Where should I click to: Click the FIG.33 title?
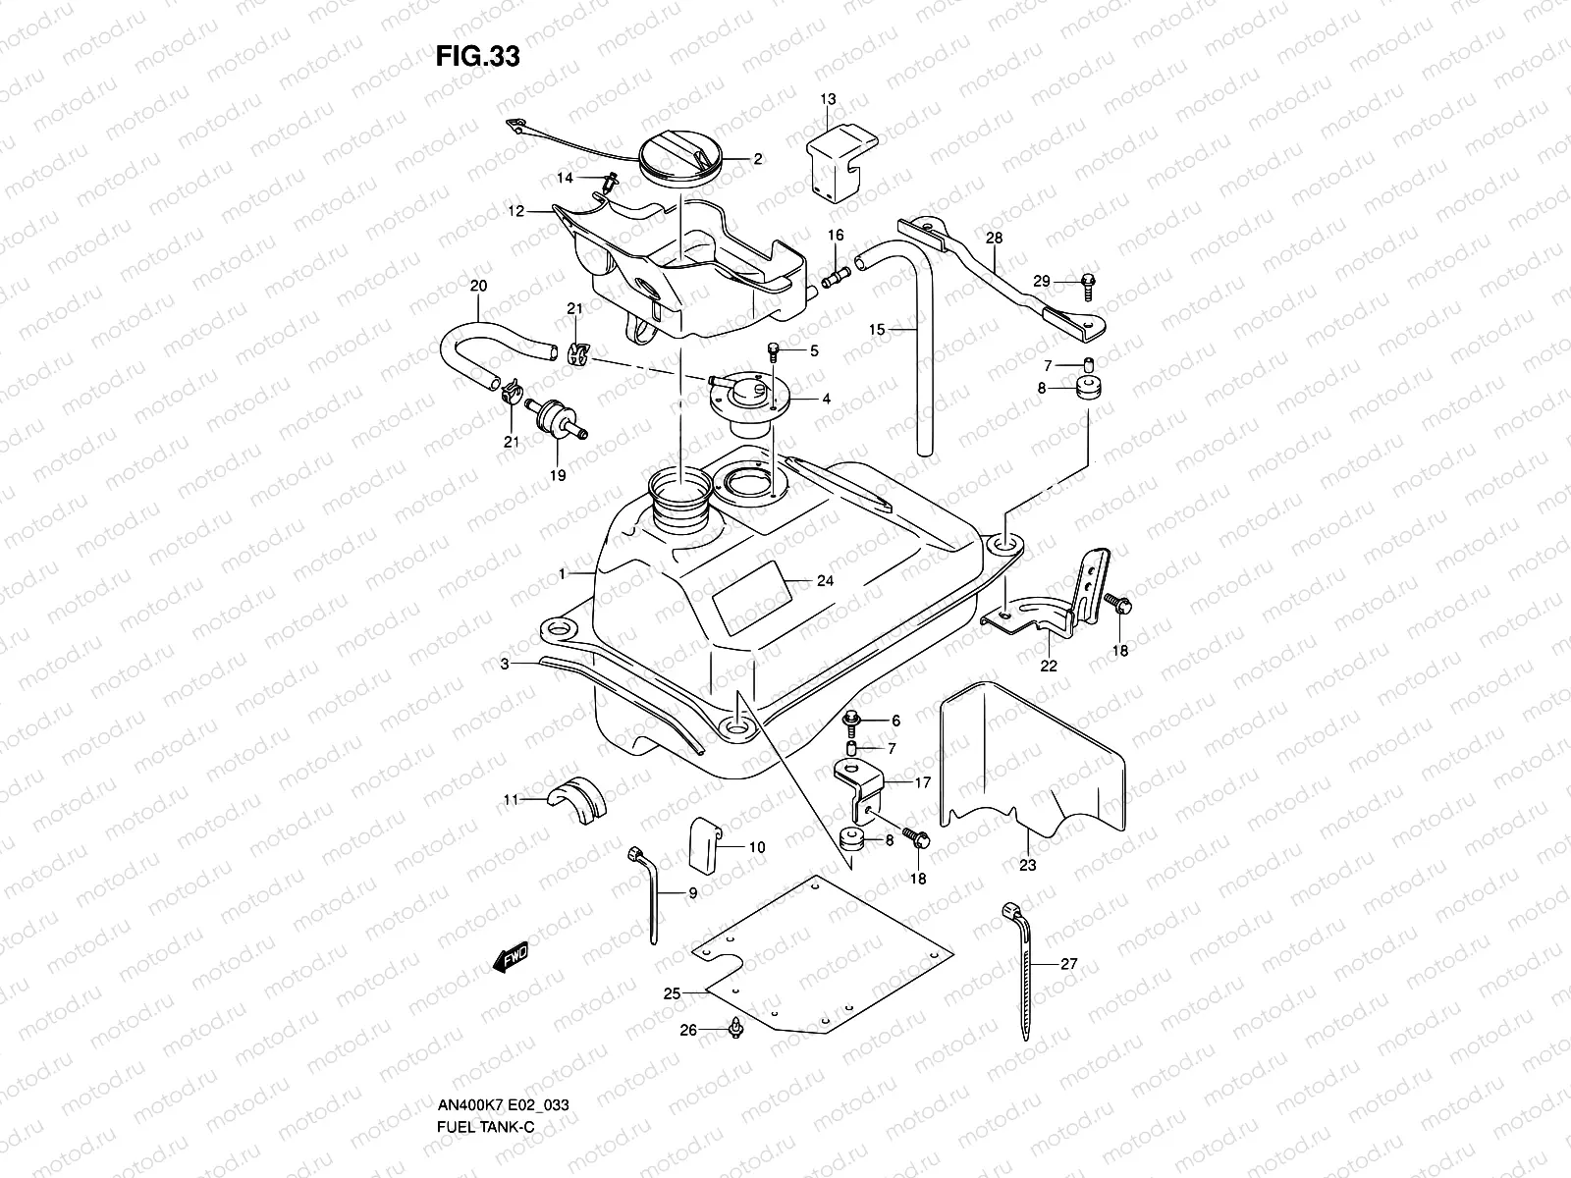(477, 57)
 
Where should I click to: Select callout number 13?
(828, 99)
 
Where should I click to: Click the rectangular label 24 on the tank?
(751, 596)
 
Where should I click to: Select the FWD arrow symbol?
(511, 957)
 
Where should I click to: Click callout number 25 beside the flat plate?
(672, 993)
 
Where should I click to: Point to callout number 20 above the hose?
(478, 286)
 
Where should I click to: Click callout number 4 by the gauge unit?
(826, 399)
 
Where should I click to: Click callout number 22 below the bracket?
(1049, 666)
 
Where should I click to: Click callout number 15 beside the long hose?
(878, 330)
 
